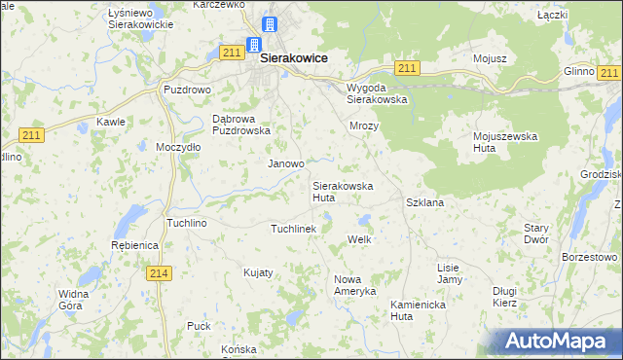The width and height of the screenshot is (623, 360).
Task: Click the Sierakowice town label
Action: click(293, 58)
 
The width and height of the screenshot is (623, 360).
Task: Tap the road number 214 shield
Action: click(161, 275)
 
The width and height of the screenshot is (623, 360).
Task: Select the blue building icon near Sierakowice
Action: click(253, 44)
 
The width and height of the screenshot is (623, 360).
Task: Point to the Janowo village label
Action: click(286, 163)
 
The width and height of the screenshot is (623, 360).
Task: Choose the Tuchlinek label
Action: click(293, 229)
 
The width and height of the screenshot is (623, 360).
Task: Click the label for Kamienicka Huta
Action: click(416, 309)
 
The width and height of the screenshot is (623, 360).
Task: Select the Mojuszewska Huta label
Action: click(505, 141)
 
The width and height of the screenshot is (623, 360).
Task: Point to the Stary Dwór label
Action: click(536, 233)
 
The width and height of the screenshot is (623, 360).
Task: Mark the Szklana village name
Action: click(424, 202)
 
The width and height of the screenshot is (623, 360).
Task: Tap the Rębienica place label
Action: click(135, 246)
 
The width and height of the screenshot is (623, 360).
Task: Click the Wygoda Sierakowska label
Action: click(377, 92)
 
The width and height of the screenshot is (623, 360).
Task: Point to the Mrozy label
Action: click(363, 126)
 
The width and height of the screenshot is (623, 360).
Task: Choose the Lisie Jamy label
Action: click(449, 272)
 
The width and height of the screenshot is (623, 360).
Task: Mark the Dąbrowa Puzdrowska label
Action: click(239, 125)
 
